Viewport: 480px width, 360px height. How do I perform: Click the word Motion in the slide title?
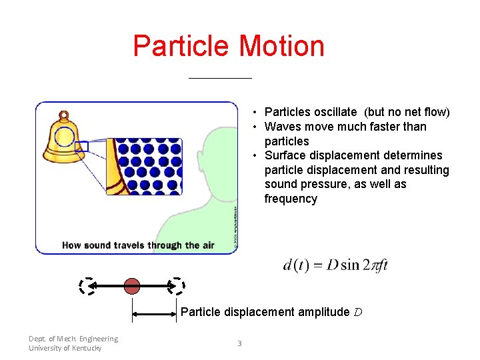click(x=281, y=46)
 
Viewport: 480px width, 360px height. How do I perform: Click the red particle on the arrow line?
click(x=133, y=286)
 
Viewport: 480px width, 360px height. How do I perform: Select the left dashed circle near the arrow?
click(x=86, y=286)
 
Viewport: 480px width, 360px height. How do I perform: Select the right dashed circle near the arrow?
click(x=176, y=286)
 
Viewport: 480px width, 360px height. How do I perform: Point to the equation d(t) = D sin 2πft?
click(x=335, y=265)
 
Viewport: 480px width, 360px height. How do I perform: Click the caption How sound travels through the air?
click(x=138, y=245)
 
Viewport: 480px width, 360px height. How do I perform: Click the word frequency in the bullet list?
click(x=291, y=199)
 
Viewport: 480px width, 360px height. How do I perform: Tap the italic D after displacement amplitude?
click(x=357, y=312)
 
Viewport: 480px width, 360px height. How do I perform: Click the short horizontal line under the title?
click(x=220, y=78)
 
